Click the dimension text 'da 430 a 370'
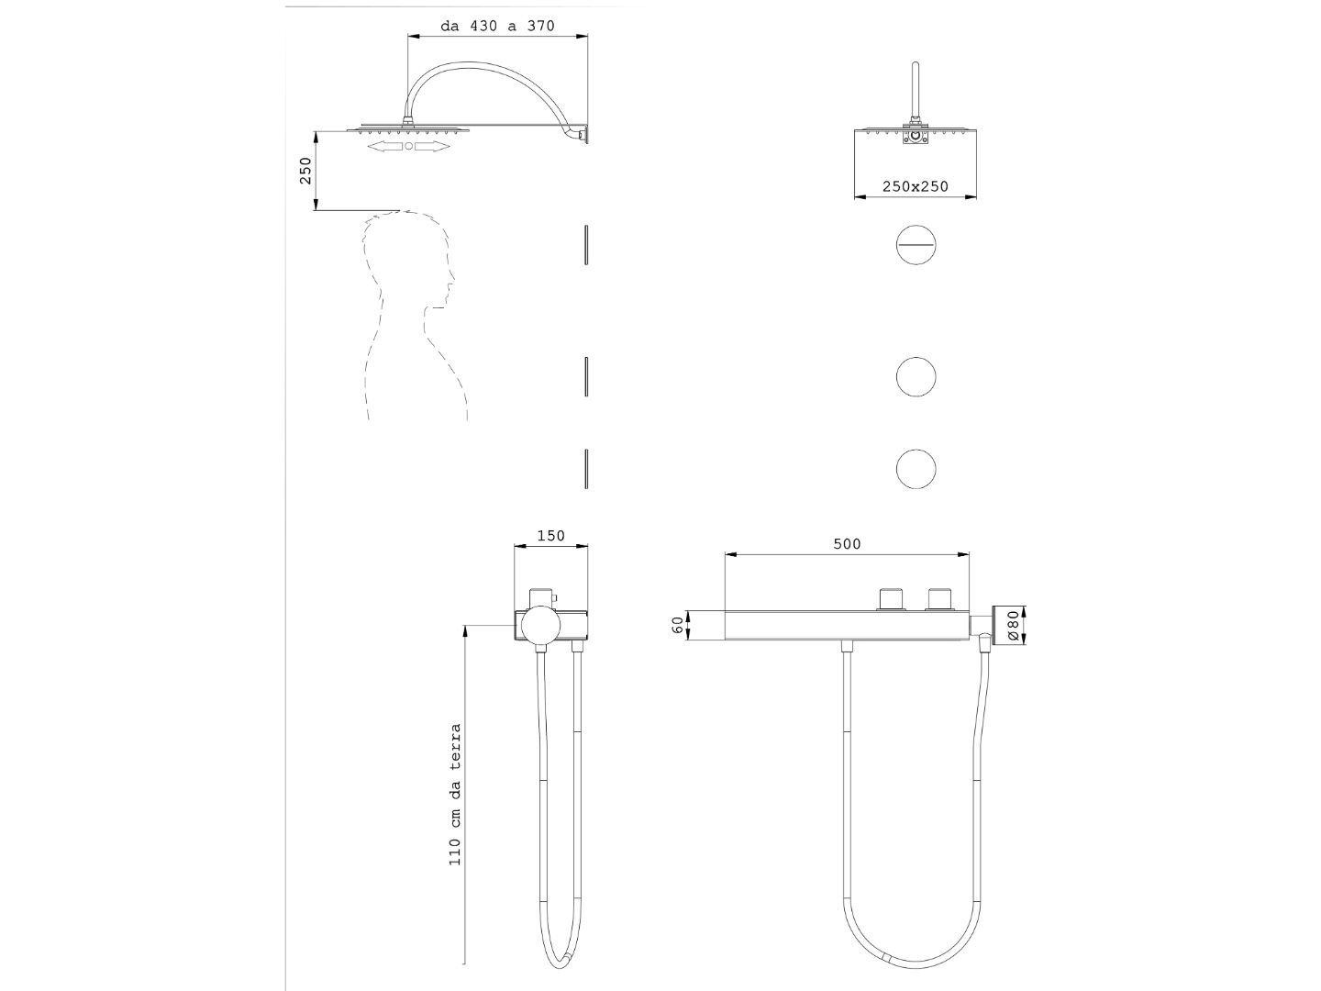(x=497, y=26)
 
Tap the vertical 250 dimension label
(x=305, y=171)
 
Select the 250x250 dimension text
(x=915, y=186)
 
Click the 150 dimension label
(x=550, y=536)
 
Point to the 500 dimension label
(x=847, y=544)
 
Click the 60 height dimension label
(x=678, y=625)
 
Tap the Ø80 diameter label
(x=1012, y=626)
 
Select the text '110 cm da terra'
(x=455, y=795)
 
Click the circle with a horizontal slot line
(x=916, y=245)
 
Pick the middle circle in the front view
(x=916, y=376)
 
